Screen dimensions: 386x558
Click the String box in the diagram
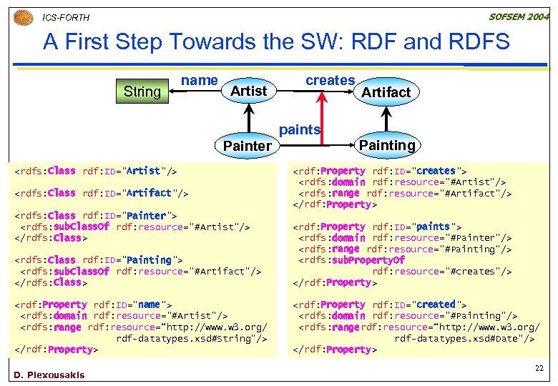[x=142, y=91]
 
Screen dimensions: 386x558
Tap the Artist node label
[x=248, y=91]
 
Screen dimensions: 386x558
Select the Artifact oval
[x=386, y=91]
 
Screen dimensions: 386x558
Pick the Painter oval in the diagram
[x=248, y=146]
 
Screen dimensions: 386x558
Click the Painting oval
[x=387, y=145]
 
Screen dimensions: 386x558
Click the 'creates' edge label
[x=330, y=80]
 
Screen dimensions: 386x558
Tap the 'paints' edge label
[x=299, y=129]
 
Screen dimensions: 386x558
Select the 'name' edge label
[x=200, y=80]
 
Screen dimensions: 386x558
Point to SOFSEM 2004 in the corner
[x=519, y=16]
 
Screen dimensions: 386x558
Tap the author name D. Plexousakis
[x=49, y=375]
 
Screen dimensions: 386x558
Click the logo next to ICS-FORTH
[x=24, y=16]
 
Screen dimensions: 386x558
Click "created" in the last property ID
[x=436, y=305]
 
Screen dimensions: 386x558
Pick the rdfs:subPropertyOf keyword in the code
[x=369, y=260]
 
